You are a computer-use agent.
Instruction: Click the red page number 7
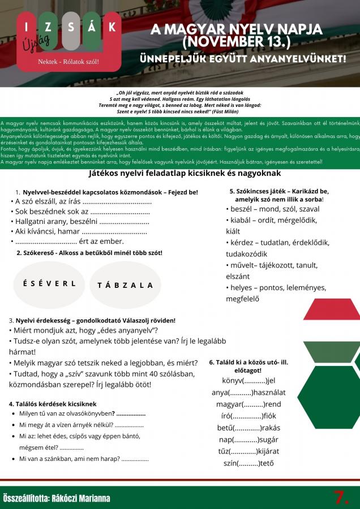[341, 498]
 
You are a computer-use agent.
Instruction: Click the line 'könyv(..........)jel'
[248, 380]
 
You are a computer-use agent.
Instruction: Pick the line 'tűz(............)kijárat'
[248, 451]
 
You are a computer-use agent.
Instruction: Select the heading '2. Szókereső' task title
[89, 252]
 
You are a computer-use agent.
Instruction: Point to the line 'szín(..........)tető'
[248, 463]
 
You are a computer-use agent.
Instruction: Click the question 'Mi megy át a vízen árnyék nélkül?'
[81, 425]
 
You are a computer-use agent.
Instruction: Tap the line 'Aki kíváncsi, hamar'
[79, 231]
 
